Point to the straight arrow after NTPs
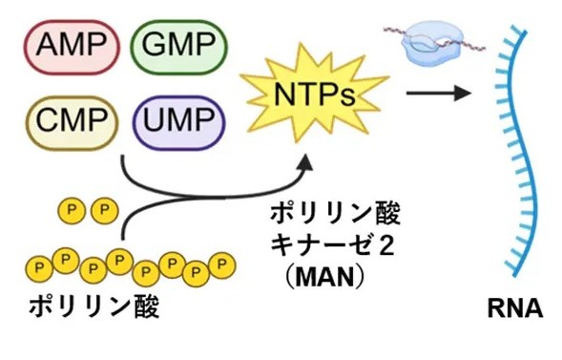(x=440, y=93)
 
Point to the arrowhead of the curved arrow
(x=302, y=163)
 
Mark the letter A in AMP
(x=49, y=45)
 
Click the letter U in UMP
(x=158, y=120)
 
